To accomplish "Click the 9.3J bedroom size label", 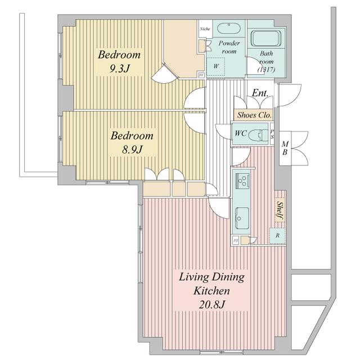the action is [x=119, y=68].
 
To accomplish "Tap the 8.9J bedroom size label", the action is [x=132, y=150].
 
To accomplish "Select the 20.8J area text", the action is [x=211, y=304].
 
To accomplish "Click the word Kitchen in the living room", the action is [x=211, y=291].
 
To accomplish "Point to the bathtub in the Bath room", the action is [x=266, y=38].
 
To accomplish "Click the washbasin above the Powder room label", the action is [x=229, y=29].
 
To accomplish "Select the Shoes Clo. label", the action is [x=254, y=115].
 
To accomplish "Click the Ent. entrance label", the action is [x=260, y=93].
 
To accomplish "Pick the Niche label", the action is [x=205, y=29].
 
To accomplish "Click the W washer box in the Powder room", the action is [x=216, y=66].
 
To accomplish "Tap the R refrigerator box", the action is [x=277, y=236].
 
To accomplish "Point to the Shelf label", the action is [x=280, y=210].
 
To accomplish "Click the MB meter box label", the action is [x=285, y=148].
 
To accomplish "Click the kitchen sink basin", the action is [x=242, y=218].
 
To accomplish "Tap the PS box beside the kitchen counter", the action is [x=236, y=241].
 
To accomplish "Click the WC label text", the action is [x=241, y=133].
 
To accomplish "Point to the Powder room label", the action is [x=229, y=47].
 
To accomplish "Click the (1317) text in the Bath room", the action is [x=266, y=69].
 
